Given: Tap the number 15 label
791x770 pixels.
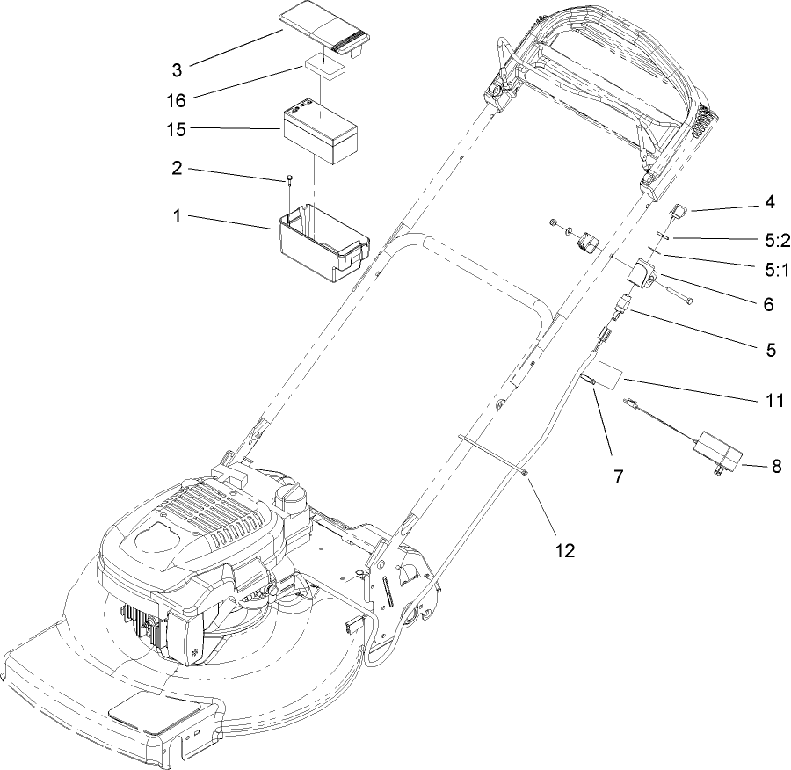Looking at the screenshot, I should [x=177, y=129].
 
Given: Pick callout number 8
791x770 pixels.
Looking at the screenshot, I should [x=776, y=466].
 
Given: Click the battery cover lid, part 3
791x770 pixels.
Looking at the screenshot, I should [x=325, y=33].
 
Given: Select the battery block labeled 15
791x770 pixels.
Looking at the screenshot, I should [x=321, y=132].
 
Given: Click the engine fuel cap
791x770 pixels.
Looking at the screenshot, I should [x=291, y=498].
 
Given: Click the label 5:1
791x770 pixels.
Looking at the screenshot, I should [x=774, y=272].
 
